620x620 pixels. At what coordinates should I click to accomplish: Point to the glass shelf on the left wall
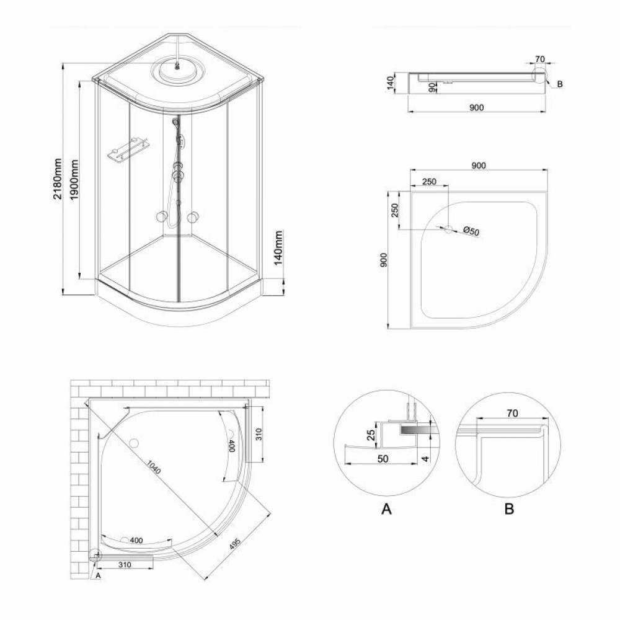coord(128,149)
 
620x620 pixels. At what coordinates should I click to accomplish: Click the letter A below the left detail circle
coord(386,510)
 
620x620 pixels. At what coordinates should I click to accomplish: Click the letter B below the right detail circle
coord(508,510)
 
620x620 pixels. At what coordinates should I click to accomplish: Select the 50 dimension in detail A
coord(382,458)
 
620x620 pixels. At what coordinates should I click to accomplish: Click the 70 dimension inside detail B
coord(512,412)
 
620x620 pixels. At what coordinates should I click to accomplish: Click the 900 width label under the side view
coord(476,108)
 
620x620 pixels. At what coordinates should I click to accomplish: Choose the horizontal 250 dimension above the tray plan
coord(429,181)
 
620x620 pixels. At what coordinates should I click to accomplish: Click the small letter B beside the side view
coord(559,84)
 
